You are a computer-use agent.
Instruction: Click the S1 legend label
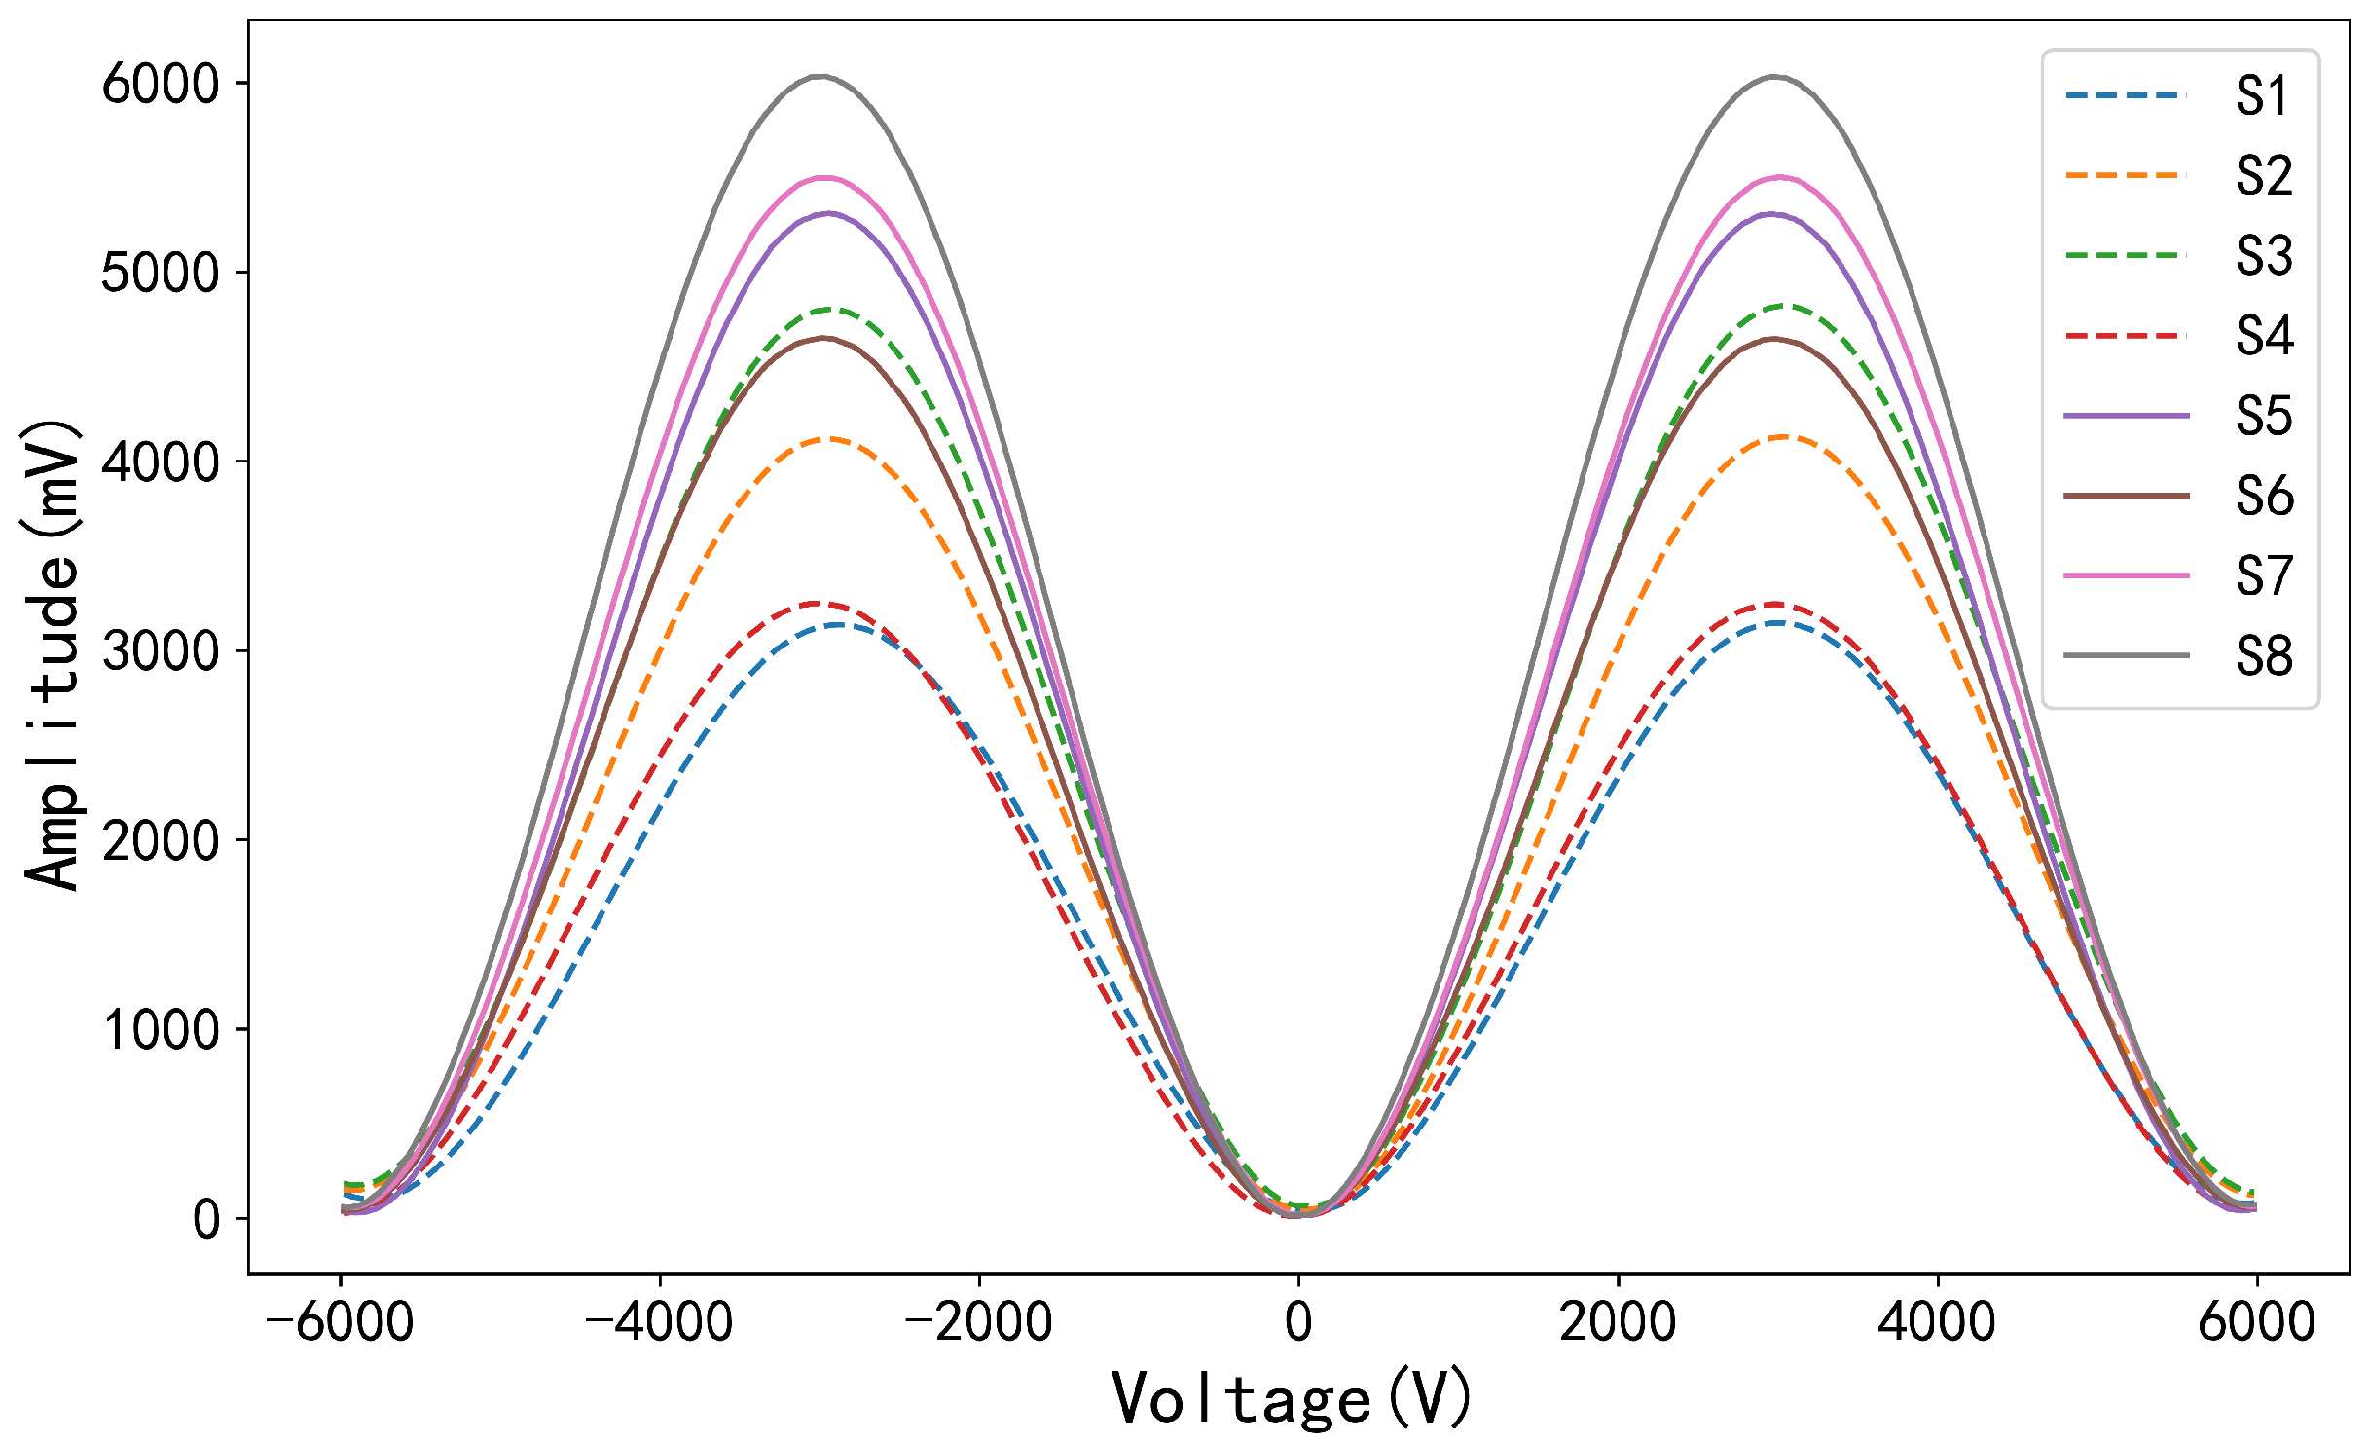tap(2264, 96)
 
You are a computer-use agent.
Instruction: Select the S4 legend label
tap(2264, 336)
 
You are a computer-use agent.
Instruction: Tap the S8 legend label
tap(2264, 656)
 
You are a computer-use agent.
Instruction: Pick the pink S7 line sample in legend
tap(2126, 575)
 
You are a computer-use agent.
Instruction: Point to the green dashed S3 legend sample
tap(2126, 255)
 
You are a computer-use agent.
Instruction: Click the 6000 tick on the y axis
tap(162, 85)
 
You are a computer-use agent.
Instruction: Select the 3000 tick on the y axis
tap(162, 651)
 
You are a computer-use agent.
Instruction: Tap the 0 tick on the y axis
tap(206, 1219)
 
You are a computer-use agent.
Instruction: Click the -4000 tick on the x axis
tap(659, 1322)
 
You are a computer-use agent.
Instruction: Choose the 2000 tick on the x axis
tap(1618, 1322)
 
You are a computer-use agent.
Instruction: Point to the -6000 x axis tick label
tap(340, 1322)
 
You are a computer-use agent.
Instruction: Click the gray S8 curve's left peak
tap(820, 76)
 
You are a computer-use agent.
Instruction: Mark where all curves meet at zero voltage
tap(1298, 1213)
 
